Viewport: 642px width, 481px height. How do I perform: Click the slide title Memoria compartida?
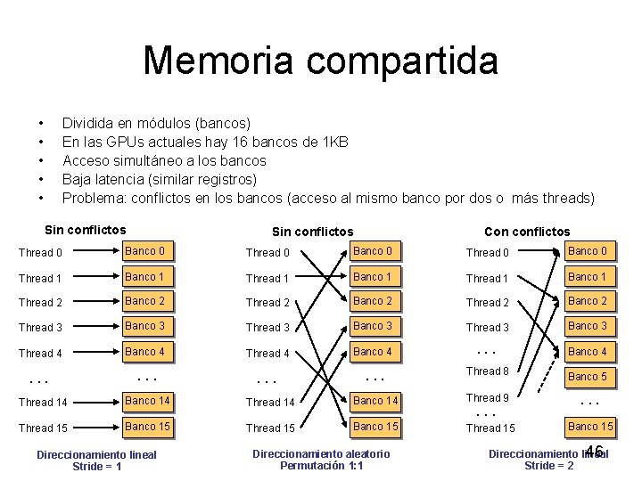[320, 61]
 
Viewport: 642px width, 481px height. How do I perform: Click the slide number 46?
[595, 452]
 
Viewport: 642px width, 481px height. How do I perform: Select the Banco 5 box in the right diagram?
[588, 377]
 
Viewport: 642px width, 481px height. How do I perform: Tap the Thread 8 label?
[488, 371]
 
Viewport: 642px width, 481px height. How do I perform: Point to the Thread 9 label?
[488, 398]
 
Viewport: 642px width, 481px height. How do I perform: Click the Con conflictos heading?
[527, 232]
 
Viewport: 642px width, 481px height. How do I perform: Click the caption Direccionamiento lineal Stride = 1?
[96, 461]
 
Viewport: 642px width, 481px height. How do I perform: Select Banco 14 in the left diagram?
[147, 401]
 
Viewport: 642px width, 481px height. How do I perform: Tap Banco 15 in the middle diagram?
[375, 427]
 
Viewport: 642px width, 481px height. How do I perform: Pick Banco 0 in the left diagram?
[144, 251]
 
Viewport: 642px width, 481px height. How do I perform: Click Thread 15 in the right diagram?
[490, 428]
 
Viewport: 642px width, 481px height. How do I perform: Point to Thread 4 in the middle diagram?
[268, 353]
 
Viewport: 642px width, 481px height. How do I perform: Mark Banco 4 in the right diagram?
[588, 352]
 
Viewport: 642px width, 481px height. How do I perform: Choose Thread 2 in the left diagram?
[40, 303]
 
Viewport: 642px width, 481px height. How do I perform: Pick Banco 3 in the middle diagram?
[373, 326]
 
